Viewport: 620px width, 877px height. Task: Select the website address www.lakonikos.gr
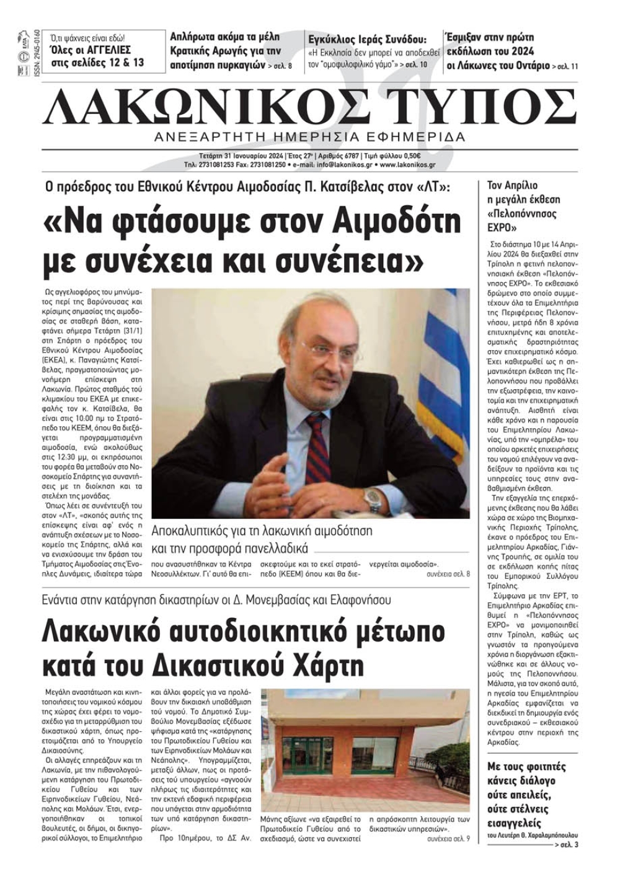407,165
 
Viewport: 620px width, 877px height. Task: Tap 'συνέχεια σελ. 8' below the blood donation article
448,574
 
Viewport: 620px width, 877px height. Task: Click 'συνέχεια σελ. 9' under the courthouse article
448,839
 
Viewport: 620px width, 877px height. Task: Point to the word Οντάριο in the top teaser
529,65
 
